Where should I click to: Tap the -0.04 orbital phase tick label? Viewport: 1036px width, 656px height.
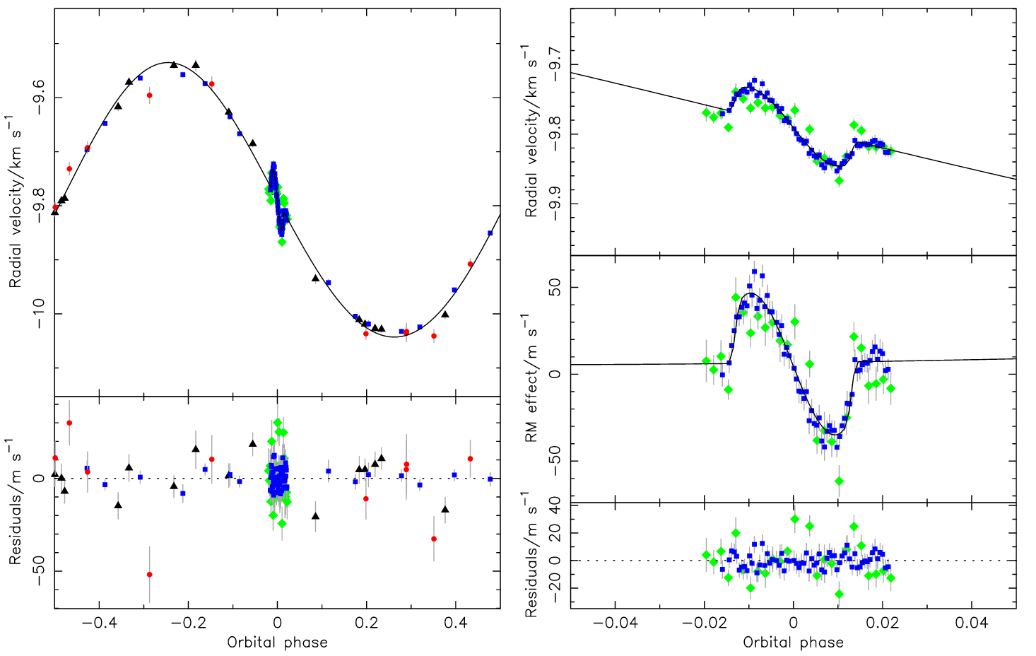[614, 623]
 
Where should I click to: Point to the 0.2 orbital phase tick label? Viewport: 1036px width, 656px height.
[366, 623]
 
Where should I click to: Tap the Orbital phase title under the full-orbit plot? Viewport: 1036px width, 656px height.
[277, 643]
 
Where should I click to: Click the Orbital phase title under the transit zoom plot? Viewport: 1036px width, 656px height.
[793, 643]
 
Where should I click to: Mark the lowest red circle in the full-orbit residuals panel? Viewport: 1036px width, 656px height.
[149, 574]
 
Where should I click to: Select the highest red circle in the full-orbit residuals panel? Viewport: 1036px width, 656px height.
[69, 423]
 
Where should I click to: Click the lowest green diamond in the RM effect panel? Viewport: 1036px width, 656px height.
[839, 481]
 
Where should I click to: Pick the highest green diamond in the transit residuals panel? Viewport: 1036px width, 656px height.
[794, 519]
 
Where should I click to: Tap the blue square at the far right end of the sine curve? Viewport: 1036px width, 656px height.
[490, 233]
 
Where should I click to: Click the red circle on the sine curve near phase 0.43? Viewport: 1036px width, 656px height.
[470, 264]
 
